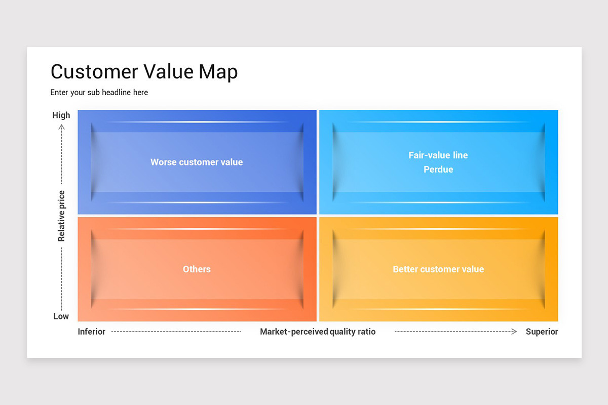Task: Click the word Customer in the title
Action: point(94,71)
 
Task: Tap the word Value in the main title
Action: point(168,71)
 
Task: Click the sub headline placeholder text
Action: point(99,93)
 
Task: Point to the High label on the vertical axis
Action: point(61,115)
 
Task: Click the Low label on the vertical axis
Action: point(61,316)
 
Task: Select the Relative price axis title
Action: point(61,216)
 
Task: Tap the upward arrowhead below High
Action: point(62,127)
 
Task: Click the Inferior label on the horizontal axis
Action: point(92,332)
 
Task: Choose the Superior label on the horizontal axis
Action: point(542,332)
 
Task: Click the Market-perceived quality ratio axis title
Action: point(318,332)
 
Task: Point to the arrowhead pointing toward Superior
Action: point(514,332)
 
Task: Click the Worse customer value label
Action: point(197,162)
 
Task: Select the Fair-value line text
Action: point(438,155)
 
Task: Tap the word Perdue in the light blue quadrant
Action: point(438,169)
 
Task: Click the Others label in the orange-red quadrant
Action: point(197,269)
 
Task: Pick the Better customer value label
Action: point(438,269)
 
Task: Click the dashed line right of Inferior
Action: point(176,332)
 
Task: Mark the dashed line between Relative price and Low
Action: point(61,279)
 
